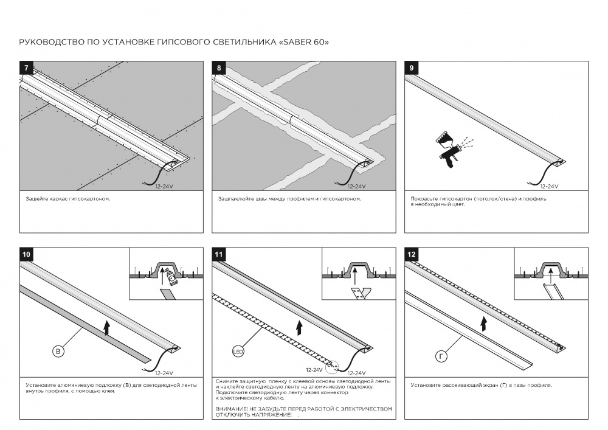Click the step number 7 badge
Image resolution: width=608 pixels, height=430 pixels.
[x=26, y=67]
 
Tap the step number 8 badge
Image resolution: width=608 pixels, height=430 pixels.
[x=218, y=67]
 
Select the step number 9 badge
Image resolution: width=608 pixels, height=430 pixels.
[x=411, y=67]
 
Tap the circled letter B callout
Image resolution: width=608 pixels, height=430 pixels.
[x=58, y=352]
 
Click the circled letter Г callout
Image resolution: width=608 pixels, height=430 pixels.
[x=442, y=353]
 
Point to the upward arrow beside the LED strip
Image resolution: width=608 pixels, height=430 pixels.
[x=299, y=329]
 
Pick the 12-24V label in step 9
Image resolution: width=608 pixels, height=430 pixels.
[x=548, y=186]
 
